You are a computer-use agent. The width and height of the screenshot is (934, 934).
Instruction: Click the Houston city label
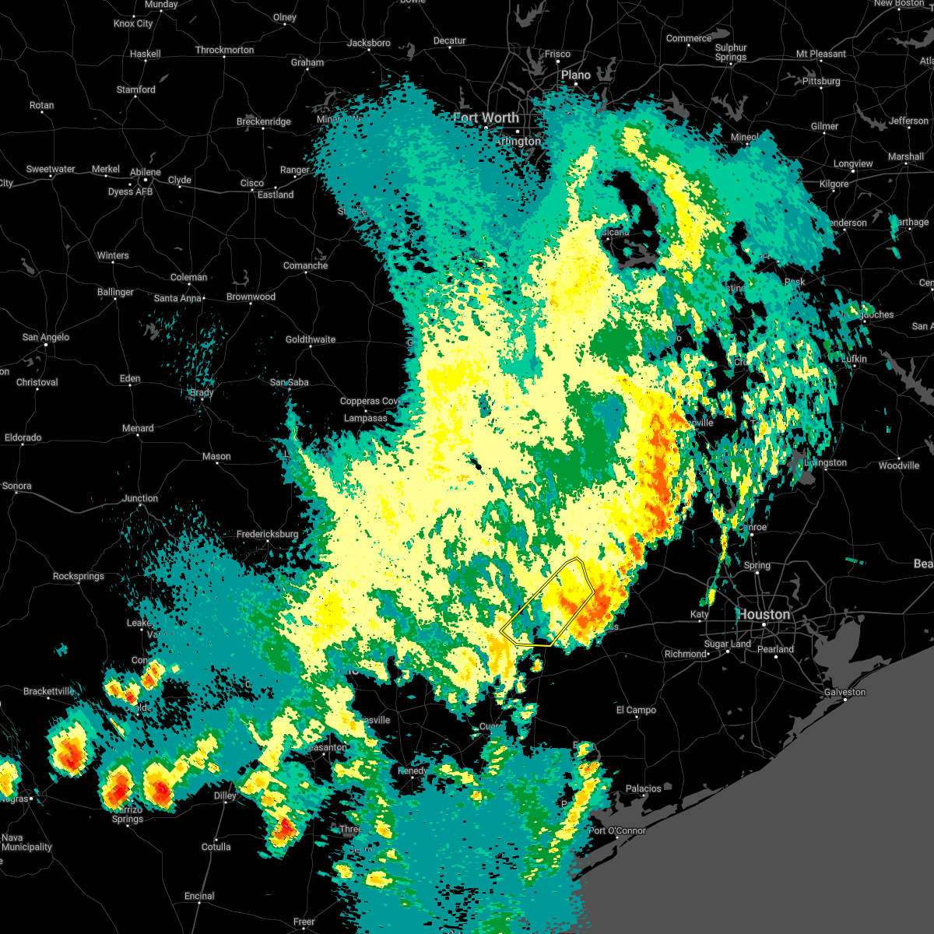point(764,614)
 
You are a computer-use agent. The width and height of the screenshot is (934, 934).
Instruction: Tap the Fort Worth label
point(486,118)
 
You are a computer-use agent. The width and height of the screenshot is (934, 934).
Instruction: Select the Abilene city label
point(145,172)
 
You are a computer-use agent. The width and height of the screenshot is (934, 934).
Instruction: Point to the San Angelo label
point(45,337)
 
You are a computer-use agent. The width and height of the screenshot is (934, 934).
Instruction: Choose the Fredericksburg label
point(267,534)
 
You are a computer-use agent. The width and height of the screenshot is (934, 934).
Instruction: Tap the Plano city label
point(576,75)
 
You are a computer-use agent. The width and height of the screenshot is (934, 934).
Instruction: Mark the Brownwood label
point(251,297)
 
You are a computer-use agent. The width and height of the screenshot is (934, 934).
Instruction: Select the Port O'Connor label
point(617,830)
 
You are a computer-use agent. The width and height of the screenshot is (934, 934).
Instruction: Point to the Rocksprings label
point(79,576)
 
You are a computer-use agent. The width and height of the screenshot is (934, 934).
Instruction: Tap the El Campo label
point(636,710)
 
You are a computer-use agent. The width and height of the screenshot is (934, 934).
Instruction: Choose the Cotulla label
point(216,847)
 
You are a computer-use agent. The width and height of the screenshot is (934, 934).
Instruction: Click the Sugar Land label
point(727,644)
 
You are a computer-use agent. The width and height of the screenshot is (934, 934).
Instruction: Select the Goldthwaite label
point(310,339)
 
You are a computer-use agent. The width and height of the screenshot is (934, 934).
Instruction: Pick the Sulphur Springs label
point(731,52)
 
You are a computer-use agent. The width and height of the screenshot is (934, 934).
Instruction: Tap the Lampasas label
point(365,418)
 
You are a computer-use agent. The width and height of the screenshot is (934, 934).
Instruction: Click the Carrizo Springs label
point(127,814)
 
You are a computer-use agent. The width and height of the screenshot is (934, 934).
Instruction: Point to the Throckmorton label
point(224,50)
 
